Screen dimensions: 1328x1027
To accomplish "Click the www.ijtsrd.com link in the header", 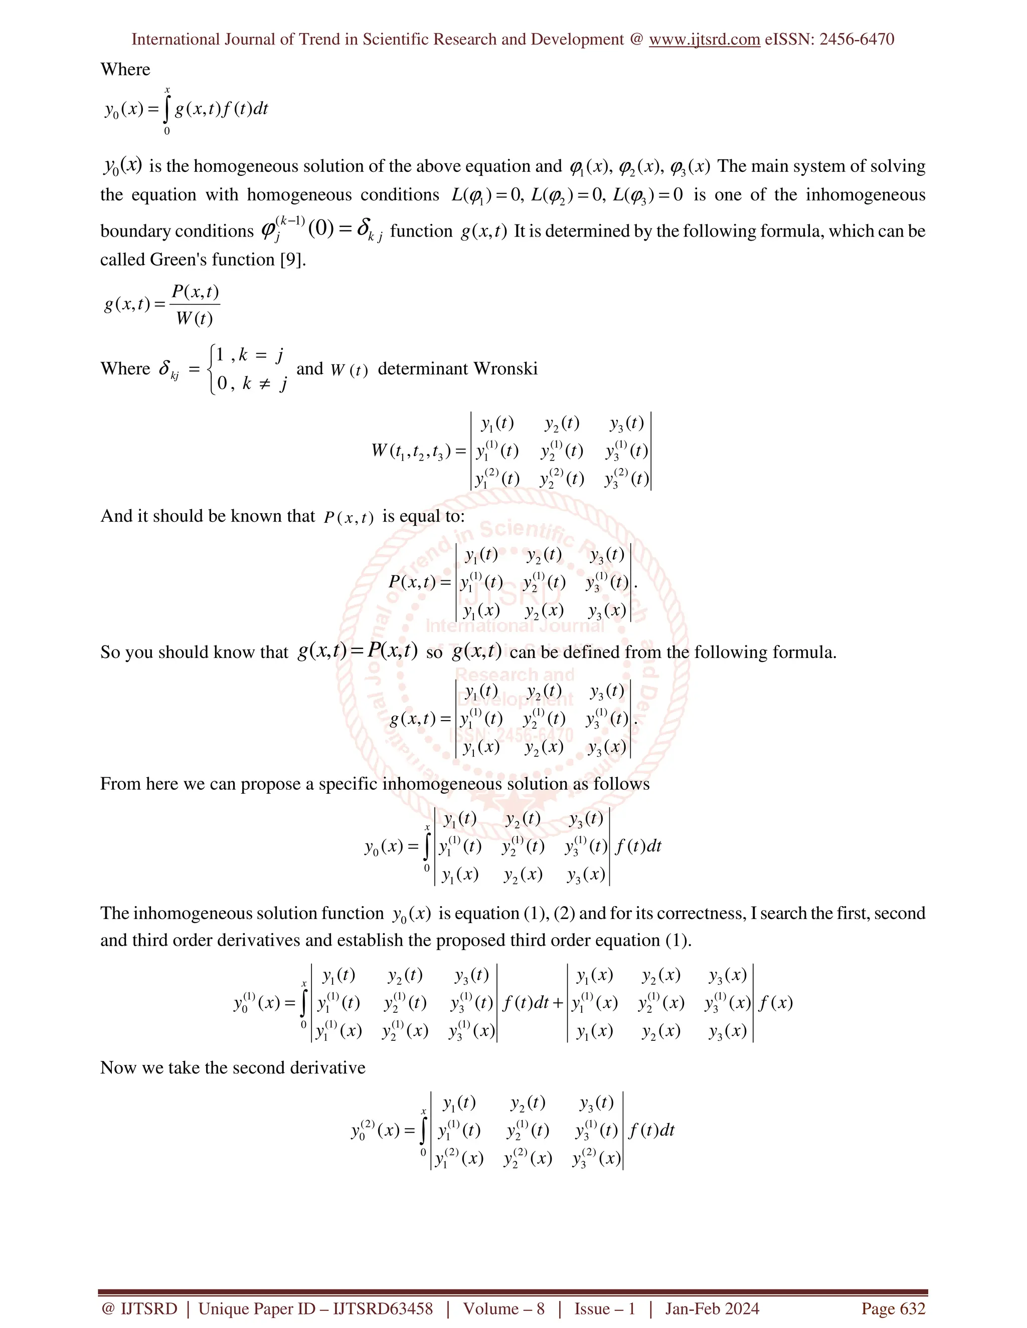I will pos(705,40).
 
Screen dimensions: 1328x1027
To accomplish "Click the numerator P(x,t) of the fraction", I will pos(195,293).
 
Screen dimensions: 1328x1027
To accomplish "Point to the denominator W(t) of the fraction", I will pos(194,319).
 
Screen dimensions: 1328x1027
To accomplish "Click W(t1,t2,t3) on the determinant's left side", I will pos(411,451).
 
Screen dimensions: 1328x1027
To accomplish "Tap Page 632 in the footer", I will pos(893,1308).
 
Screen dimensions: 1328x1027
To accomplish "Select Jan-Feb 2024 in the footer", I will pos(712,1308).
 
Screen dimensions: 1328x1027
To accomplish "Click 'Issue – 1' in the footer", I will pos(605,1308).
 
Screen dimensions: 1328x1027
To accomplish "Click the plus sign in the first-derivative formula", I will pos(558,1003).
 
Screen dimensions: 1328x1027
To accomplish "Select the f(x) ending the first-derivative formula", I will pos(776,1003).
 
